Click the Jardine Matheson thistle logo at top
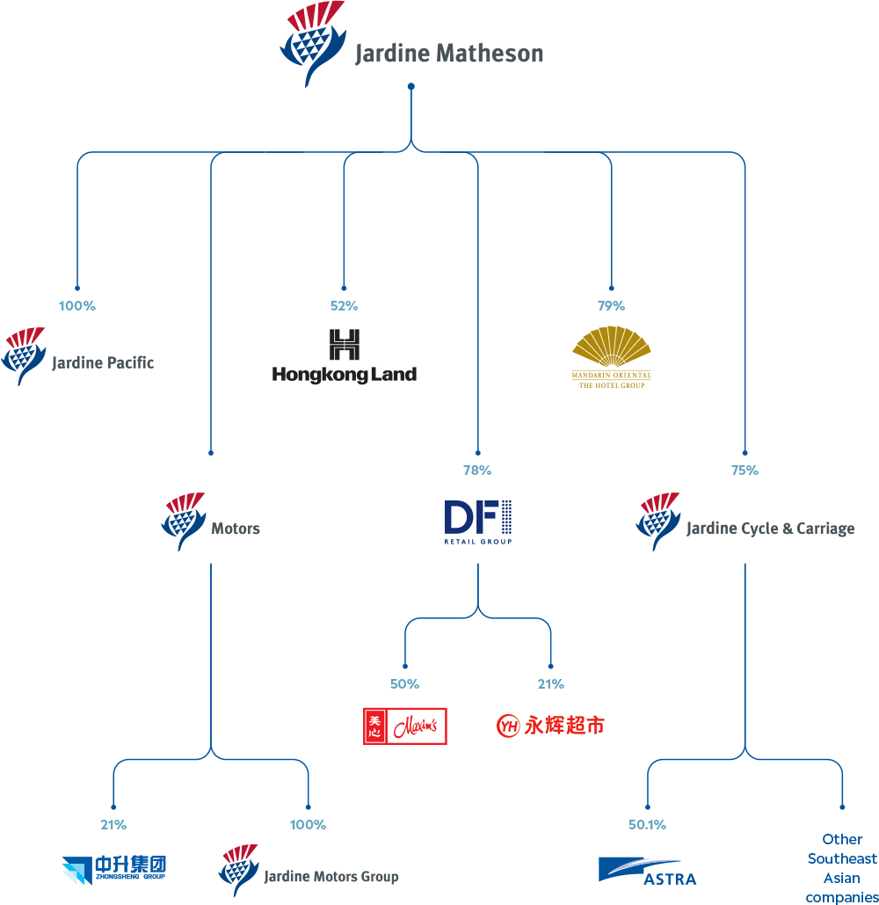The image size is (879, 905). coord(312,44)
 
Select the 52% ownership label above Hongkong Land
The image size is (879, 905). coord(344,306)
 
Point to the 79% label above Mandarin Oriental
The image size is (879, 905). coord(611,306)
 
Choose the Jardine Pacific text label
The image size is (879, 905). coord(103,362)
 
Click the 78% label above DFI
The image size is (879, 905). coord(477,471)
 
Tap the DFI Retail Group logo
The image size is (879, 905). coord(477,521)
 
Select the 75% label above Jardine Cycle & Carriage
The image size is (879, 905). coord(745,471)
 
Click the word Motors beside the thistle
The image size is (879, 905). coord(235,529)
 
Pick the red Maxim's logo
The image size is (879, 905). coord(405,726)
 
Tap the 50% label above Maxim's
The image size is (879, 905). coord(404,684)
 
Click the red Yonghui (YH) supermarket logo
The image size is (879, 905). coord(550,726)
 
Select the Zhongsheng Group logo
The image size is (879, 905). coord(113,870)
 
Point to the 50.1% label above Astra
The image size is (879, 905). coord(647,825)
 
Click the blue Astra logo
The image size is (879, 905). coord(647,871)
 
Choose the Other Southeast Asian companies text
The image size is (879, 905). coord(841,868)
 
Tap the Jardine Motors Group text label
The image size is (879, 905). coord(331,877)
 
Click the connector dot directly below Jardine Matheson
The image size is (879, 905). coord(410,86)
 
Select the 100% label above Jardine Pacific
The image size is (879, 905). coord(77,306)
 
